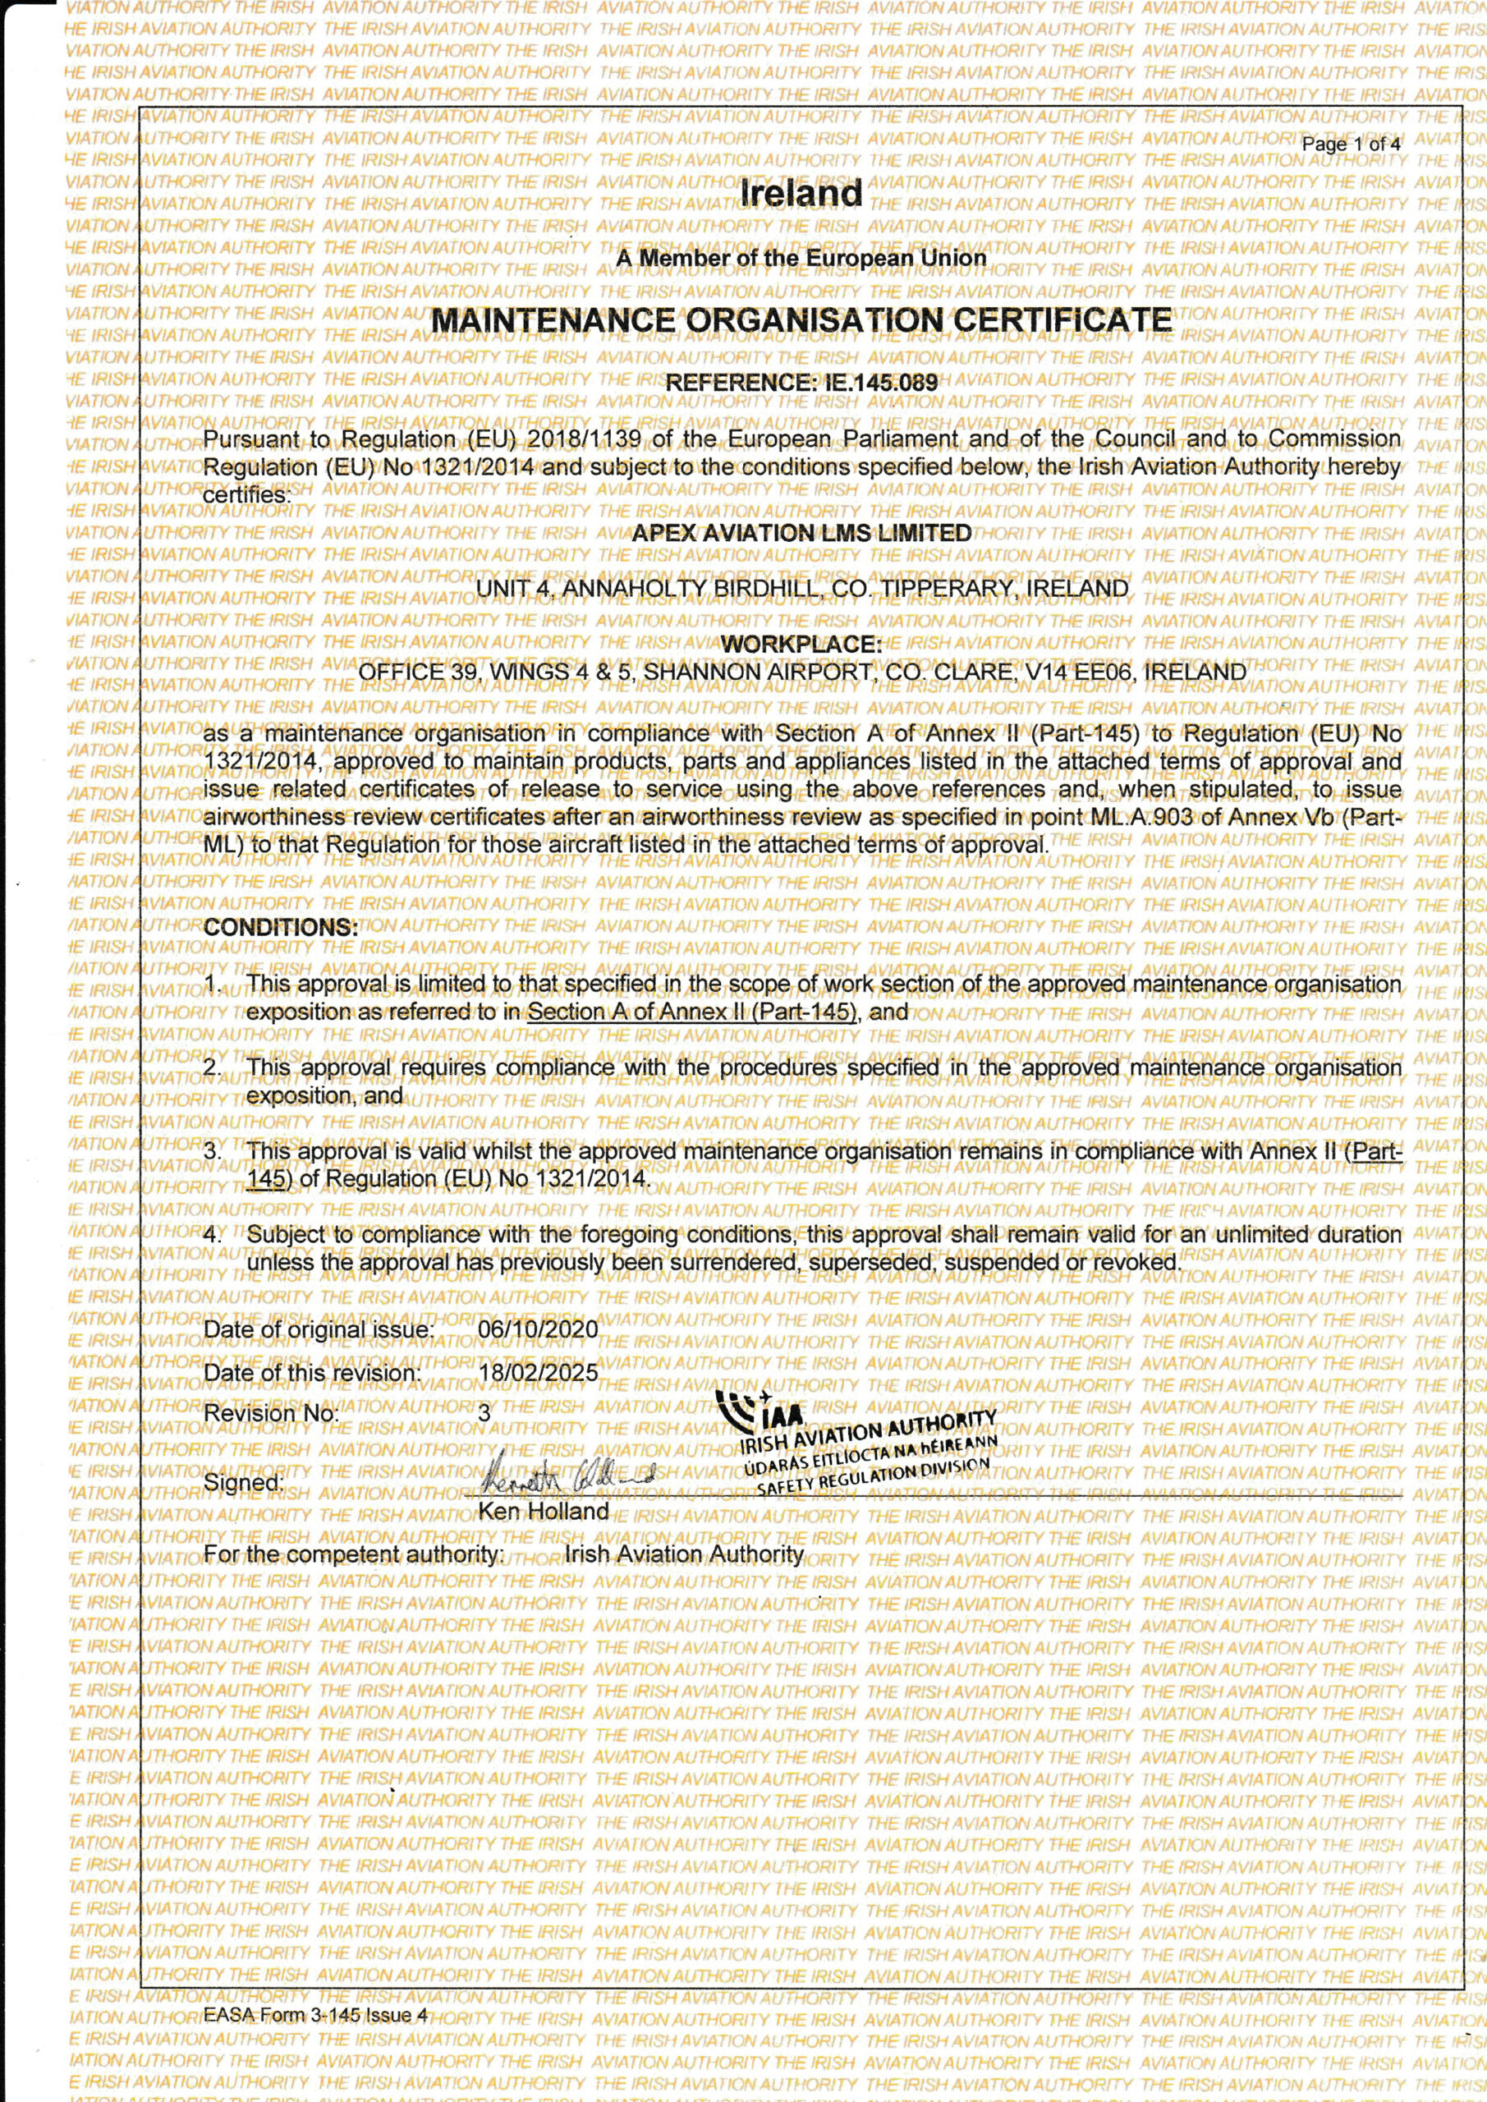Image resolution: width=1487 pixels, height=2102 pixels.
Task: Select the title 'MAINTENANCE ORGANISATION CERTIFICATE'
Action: tap(801, 320)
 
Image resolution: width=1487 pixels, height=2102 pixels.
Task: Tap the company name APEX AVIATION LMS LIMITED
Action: tap(801, 534)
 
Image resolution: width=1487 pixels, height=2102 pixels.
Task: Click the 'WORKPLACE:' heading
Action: tap(801, 645)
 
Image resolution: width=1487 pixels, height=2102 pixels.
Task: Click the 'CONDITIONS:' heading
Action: tap(280, 927)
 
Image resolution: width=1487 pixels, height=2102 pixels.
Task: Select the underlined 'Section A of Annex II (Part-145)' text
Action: tap(692, 1012)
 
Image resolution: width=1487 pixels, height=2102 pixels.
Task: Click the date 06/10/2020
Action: tap(538, 1329)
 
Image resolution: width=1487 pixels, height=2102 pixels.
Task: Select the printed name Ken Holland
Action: tap(544, 1512)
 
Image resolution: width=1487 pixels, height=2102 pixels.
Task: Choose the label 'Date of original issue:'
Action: tap(318, 1329)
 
